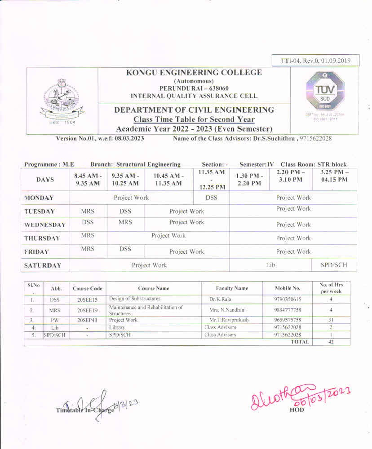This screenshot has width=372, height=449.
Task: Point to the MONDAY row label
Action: pyautogui.click(x=39, y=198)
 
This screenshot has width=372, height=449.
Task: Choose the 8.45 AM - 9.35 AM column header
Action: pyautogui.click(x=88, y=179)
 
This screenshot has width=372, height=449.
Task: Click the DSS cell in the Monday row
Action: pyautogui.click(x=211, y=198)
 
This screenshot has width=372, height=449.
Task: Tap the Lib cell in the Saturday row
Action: pyautogui.click(x=270, y=265)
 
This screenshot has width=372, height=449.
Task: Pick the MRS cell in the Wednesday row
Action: pyautogui.click(x=125, y=222)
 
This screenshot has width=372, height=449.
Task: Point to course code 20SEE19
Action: pyautogui.click(x=87, y=310)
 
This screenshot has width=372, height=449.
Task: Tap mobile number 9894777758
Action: pyautogui.click(x=287, y=310)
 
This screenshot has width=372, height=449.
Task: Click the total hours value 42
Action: pyautogui.click(x=331, y=342)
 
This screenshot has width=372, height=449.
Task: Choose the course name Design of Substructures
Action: pyautogui.click(x=135, y=299)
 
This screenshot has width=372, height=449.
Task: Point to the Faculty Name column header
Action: pyautogui.click(x=232, y=288)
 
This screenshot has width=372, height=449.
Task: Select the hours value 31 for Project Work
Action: pyautogui.click(x=331, y=320)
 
